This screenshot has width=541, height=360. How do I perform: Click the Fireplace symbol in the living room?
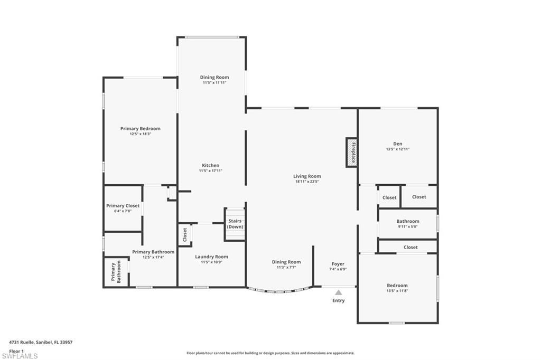point(352,153)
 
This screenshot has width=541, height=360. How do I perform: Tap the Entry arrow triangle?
point(338,292)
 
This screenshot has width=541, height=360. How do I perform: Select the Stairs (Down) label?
point(235,224)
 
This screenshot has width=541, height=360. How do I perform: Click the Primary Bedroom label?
point(140,129)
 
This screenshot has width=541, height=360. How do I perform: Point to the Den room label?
point(397,144)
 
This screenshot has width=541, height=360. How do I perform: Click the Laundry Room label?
point(211,257)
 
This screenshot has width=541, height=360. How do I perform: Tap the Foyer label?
point(338,264)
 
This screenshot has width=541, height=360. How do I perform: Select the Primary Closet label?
point(123,206)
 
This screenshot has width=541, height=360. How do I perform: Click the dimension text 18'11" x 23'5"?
point(307,182)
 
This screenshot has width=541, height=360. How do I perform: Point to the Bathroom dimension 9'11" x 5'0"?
point(408,226)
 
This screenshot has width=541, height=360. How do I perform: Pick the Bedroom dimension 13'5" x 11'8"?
point(397,291)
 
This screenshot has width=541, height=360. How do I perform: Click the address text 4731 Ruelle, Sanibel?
point(41,342)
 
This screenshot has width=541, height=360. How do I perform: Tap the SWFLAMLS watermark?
point(20,356)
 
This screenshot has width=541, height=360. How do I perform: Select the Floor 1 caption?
point(16,351)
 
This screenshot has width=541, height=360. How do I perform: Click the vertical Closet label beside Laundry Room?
point(185,235)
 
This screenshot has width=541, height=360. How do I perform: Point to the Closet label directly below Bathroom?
point(411,247)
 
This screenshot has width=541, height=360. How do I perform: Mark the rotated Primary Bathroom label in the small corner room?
point(116,272)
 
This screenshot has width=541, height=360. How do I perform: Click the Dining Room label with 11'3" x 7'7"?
point(286,262)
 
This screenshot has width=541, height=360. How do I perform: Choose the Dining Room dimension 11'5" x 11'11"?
point(214,82)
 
